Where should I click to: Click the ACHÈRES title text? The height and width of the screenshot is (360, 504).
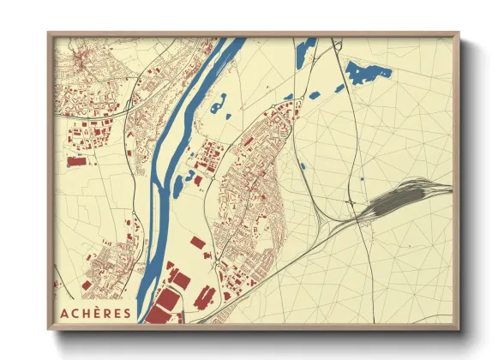pos(95,313)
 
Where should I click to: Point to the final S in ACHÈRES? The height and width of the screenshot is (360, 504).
pos(128,313)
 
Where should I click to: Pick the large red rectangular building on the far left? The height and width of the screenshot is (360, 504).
pos(77,160)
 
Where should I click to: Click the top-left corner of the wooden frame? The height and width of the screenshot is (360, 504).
pos(49,34)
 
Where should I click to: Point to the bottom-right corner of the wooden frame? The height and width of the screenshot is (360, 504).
pos(459,328)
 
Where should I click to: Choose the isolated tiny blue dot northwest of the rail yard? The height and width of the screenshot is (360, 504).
pos(363,177)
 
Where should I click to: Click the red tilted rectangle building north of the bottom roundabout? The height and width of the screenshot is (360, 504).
pos(198,243)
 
